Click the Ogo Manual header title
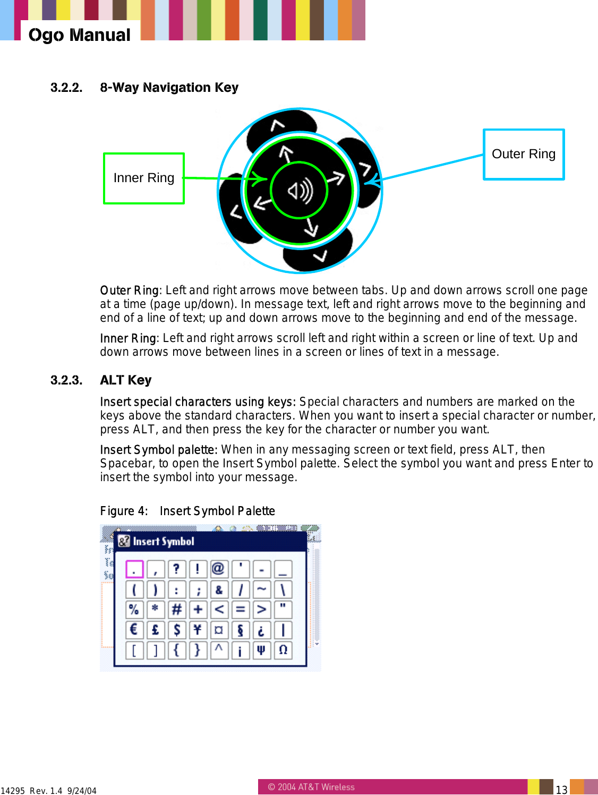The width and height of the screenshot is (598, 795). click(x=79, y=35)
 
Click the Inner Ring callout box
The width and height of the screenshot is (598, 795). click(x=144, y=178)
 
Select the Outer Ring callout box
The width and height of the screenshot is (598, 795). click(x=523, y=155)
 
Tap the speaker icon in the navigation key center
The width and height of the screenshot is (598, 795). click(x=300, y=191)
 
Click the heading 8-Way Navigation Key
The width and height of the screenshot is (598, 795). click(x=169, y=88)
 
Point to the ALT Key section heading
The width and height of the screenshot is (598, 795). click(x=126, y=380)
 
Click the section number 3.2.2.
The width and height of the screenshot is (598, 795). click(x=66, y=88)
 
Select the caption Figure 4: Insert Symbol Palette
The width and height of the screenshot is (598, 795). click(x=187, y=511)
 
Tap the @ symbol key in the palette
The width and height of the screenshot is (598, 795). click(x=218, y=569)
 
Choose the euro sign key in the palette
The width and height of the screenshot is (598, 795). click(x=134, y=630)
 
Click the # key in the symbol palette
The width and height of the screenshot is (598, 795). click(x=176, y=610)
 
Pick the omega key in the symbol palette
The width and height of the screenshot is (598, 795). click(x=283, y=650)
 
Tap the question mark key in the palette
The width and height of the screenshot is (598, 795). click(x=176, y=569)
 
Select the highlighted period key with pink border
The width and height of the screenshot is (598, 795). click(x=134, y=569)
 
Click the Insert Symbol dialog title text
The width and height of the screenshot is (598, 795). click(x=163, y=541)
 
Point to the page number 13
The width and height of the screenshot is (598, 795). click(x=561, y=790)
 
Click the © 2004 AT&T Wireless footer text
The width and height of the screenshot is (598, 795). click(x=311, y=787)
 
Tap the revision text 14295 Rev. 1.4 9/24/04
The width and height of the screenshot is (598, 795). click(x=49, y=791)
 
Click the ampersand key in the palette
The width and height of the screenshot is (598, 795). click(x=218, y=589)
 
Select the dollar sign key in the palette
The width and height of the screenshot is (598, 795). click(x=176, y=630)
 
